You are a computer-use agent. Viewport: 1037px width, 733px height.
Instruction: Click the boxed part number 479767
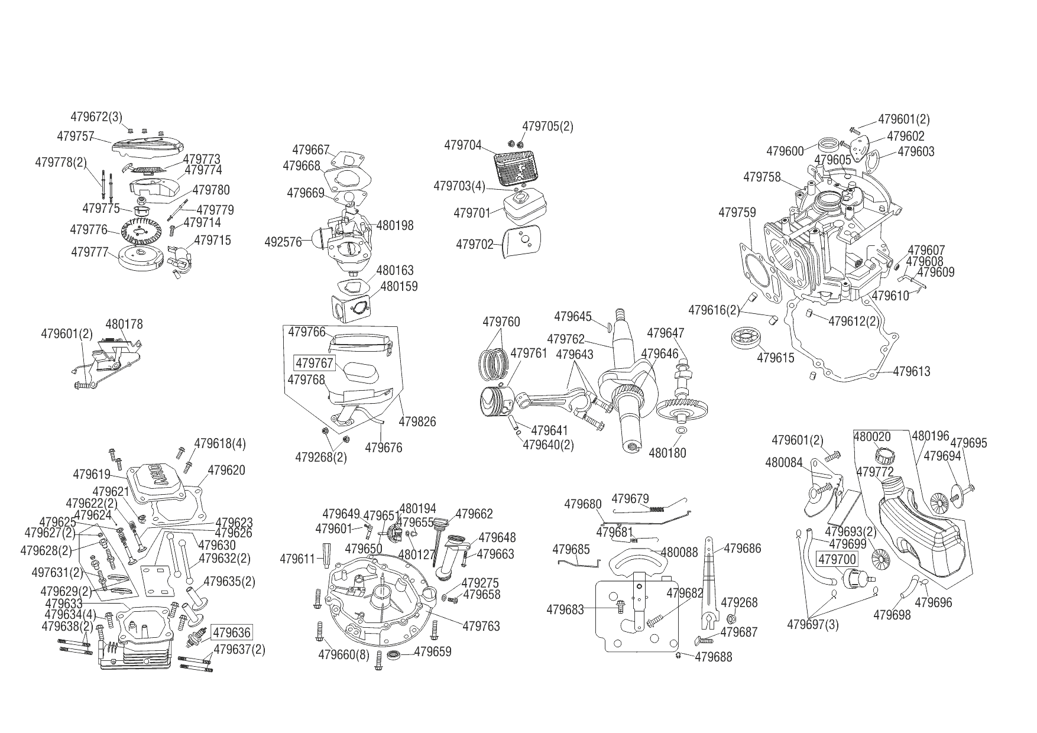[x=315, y=363]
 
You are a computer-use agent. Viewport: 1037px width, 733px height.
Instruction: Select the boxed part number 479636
[x=232, y=633]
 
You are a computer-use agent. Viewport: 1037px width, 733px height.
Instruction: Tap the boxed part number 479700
[x=837, y=559]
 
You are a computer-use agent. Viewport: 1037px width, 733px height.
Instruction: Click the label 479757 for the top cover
[x=76, y=137]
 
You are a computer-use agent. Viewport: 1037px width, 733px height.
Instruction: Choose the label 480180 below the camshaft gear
[x=667, y=453]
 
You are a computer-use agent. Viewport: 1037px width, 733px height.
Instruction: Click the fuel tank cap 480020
[x=883, y=456]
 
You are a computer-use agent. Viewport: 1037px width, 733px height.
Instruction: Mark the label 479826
[x=417, y=421]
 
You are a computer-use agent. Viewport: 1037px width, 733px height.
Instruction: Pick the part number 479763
[x=481, y=625]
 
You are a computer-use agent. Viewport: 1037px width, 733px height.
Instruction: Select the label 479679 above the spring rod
[x=630, y=498]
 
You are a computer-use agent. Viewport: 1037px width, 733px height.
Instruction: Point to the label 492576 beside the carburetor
[x=283, y=241]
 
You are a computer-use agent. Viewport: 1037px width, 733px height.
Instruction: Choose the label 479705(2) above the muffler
[x=547, y=127]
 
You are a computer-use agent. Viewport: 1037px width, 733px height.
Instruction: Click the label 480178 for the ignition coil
[x=124, y=324]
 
